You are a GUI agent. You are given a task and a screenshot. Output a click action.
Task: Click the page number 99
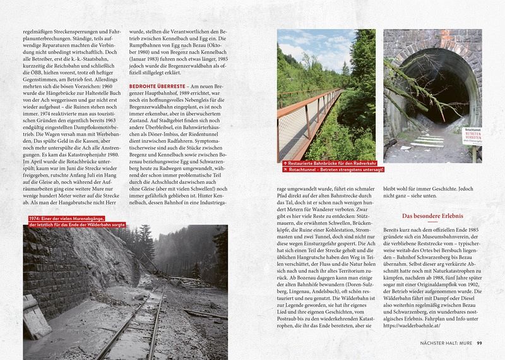[x=479, y=343]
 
